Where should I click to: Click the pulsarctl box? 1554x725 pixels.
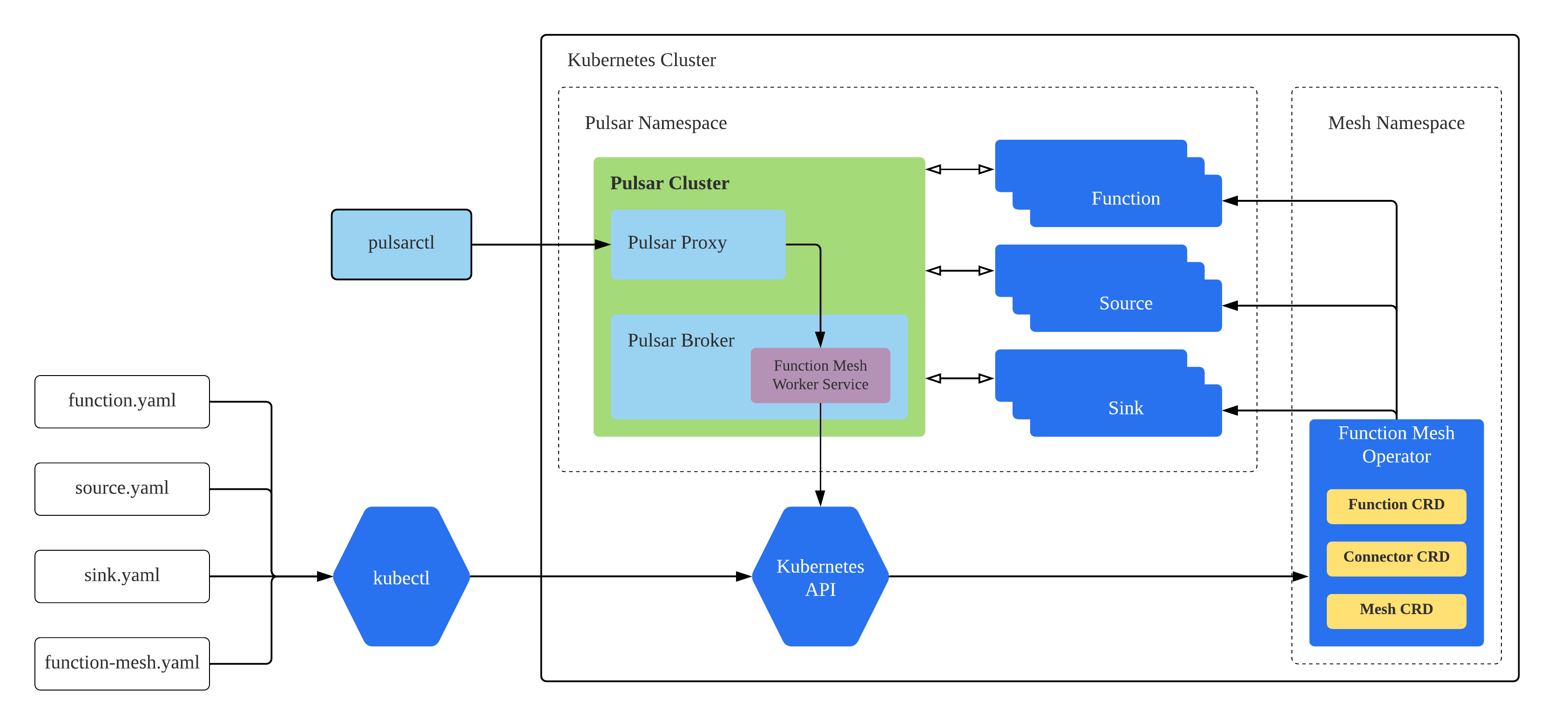coord(401,244)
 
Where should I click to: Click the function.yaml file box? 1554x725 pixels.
coord(122,401)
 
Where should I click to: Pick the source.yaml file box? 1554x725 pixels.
coord(122,488)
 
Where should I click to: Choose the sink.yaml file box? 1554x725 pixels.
coord(122,575)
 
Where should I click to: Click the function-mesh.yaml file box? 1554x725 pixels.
coord(122,663)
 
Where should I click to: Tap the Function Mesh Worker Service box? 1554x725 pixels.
coord(820,375)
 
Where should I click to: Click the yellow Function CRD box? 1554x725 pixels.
coord(1395,505)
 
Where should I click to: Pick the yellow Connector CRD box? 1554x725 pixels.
coord(1395,558)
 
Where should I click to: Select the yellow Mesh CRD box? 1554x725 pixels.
coord(1395,610)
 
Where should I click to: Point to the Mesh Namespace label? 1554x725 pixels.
coord(1395,123)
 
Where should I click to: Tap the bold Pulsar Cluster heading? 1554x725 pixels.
coord(669,184)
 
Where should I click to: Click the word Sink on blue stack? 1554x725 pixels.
coord(1125,409)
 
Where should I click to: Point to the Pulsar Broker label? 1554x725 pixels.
coord(681,341)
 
